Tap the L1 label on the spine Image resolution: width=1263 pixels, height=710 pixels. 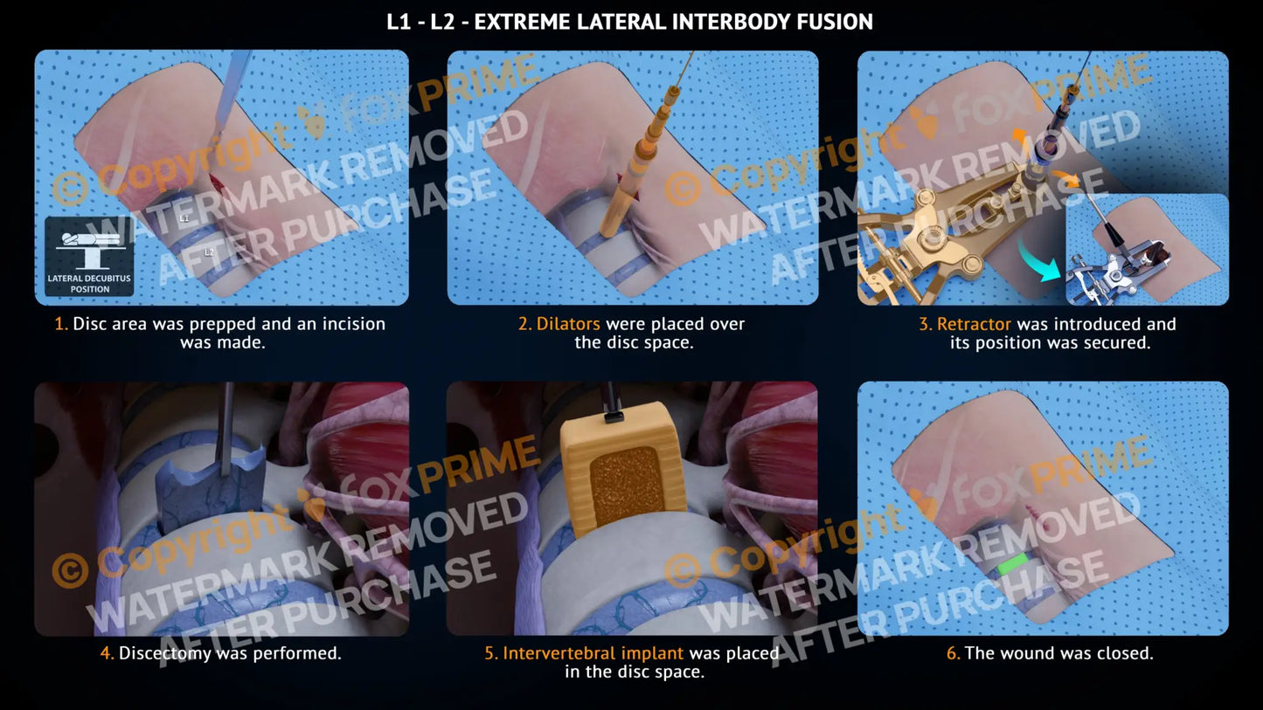pyautogui.click(x=184, y=218)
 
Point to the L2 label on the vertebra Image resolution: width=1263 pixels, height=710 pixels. pyautogui.click(x=209, y=252)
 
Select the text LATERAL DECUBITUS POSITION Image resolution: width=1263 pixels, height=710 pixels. pyautogui.click(x=90, y=284)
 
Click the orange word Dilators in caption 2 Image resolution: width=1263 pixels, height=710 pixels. pyautogui.click(x=568, y=324)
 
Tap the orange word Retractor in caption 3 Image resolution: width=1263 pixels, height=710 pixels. pyautogui.click(x=974, y=324)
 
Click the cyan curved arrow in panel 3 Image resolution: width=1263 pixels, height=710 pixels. pyautogui.click(x=1038, y=262)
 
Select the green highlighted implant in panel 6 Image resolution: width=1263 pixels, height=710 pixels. pyautogui.click(x=1014, y=564)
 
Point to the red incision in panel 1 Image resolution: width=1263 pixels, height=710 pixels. pyautogui.click(x=217, y=183)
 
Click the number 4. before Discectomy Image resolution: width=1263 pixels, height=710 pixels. pyautogui.click(x=108, y=653)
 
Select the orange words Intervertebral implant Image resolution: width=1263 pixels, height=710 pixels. pyautogui.click(x=593, y=653)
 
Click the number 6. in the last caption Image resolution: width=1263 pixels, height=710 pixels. pyautogui.click(x=953, y=653)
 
